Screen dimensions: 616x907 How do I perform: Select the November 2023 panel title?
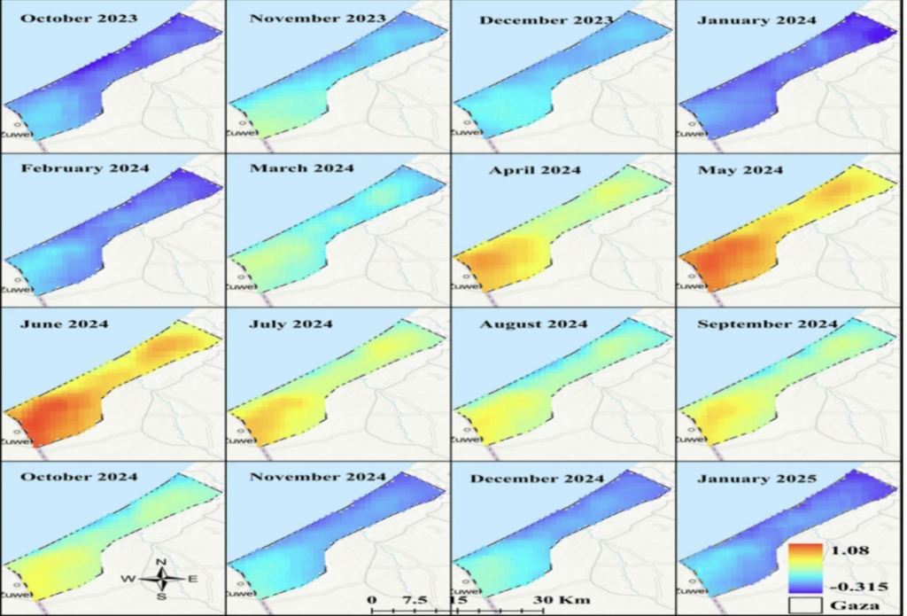318,19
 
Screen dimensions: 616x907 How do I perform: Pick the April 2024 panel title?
529,170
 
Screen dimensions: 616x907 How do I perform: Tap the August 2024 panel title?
533,324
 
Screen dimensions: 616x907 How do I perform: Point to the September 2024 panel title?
767,324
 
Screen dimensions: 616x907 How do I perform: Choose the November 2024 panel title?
318,477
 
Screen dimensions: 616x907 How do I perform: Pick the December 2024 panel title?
538,479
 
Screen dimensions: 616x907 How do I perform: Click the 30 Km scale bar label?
551,599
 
